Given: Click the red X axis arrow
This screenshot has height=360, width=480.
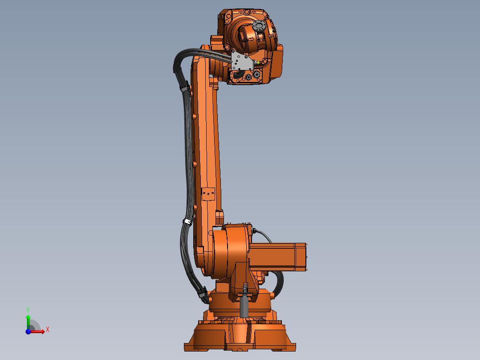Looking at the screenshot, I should pos(38,331).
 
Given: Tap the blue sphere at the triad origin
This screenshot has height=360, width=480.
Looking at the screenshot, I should pos(28,331).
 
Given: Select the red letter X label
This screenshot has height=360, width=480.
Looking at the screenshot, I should pos(47,330).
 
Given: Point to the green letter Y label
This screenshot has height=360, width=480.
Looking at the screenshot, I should pos(28,309).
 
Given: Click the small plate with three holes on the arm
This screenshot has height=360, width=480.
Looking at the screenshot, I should pos(208,194).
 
